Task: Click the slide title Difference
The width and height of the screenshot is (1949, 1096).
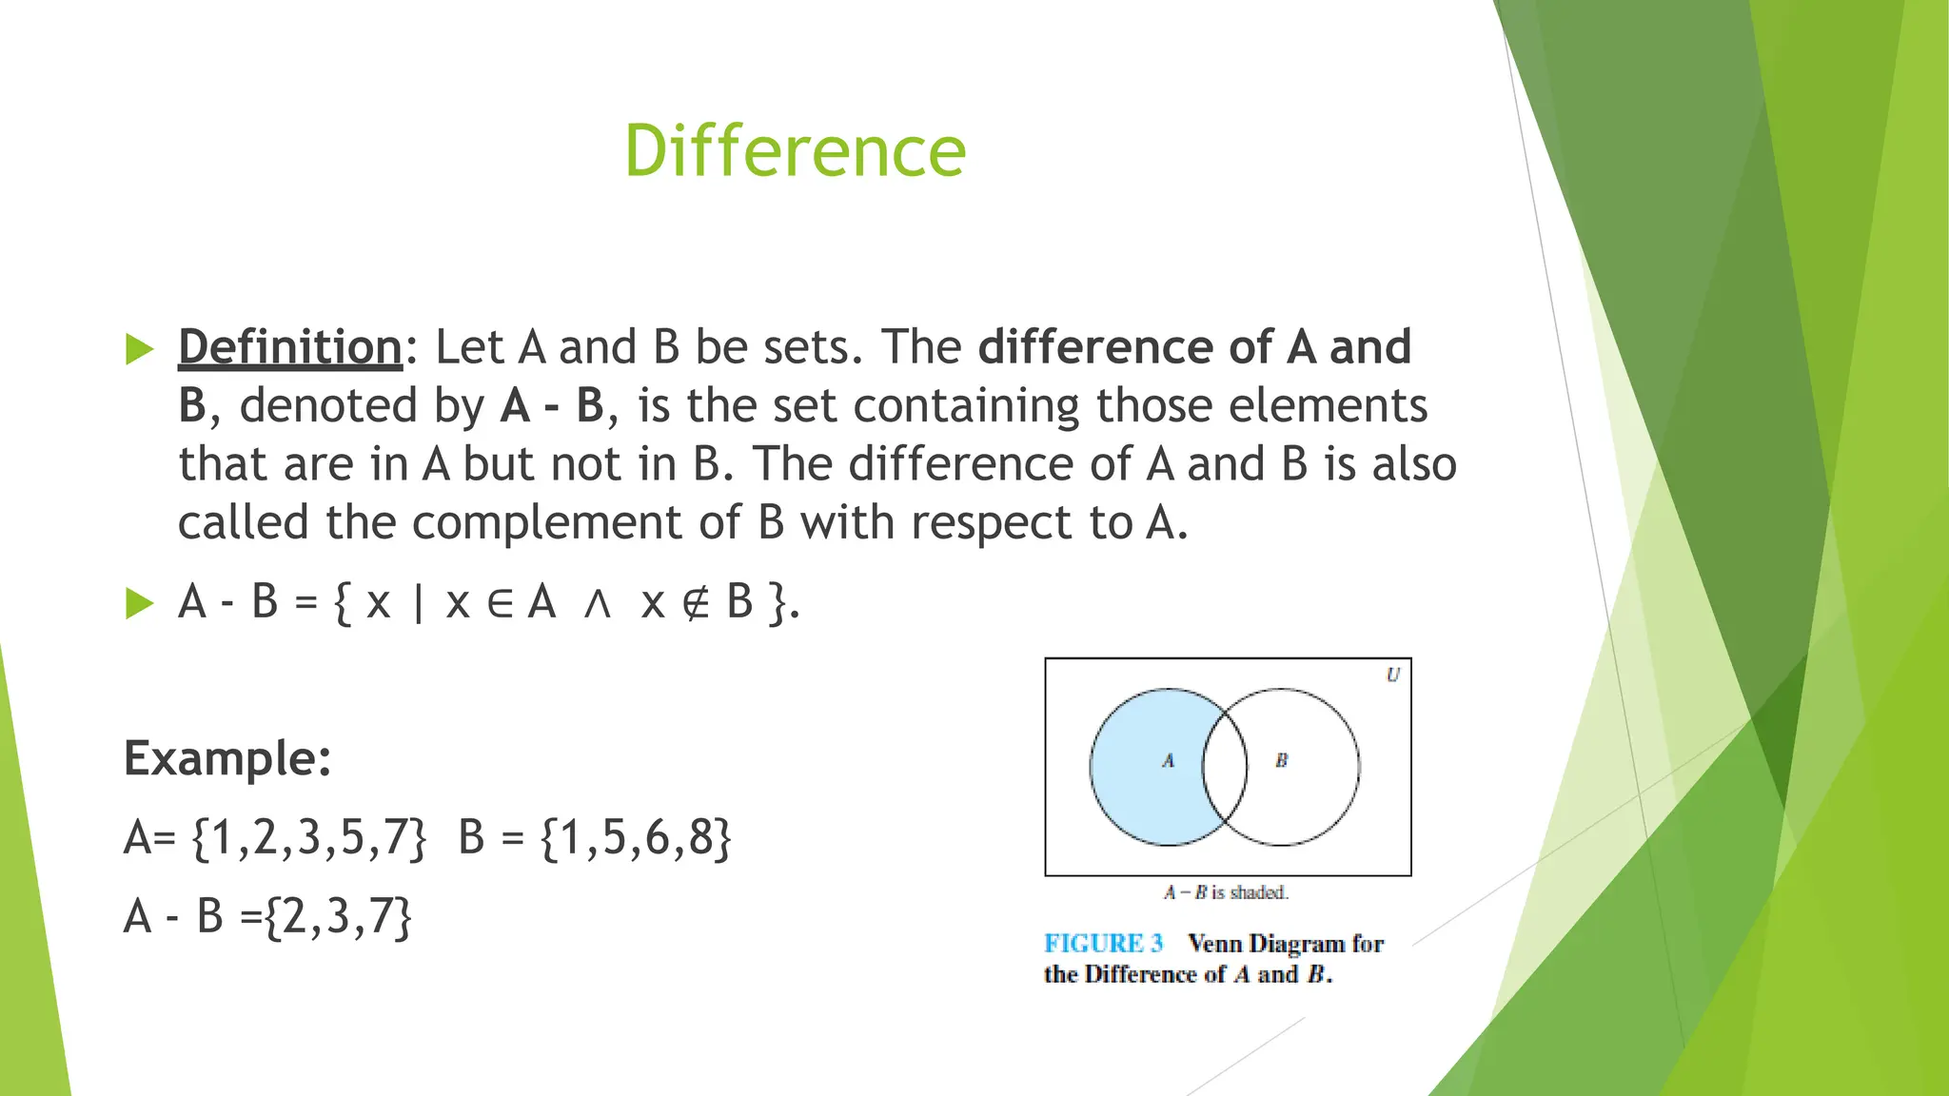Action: (x=795, y=151)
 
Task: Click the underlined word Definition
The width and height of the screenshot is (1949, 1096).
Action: (x=290, y=347)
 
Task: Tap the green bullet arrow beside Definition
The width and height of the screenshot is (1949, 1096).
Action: (x=139, y=349)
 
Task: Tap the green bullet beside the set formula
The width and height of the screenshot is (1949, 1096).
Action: (x=139, y=603)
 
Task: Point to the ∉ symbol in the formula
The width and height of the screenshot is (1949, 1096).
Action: (x=696, y=603)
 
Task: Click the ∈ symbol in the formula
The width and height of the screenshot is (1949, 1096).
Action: (x=501, y=603)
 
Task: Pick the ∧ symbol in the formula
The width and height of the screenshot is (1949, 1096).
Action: (x=597, y=603)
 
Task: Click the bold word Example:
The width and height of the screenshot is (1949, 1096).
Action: (x=227, y=759)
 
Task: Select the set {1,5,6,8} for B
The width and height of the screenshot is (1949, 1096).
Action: (x=636, y=838)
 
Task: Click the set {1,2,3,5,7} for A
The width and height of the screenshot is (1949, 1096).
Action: (x=309, y=838)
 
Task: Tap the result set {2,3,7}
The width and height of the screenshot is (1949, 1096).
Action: (x=338, y=917)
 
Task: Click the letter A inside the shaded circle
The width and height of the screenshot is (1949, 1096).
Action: (x=1168, y=761)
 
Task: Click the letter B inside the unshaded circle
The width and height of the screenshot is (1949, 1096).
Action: (x=1281, y=761)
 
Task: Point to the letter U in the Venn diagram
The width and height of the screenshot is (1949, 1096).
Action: (x=1392, y=675)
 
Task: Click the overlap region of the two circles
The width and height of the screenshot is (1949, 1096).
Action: (x=1225, y=767)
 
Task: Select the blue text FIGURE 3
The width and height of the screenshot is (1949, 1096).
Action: (x=1103, y=944)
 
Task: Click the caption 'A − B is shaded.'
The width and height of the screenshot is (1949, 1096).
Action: (x=1226, y=893)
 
